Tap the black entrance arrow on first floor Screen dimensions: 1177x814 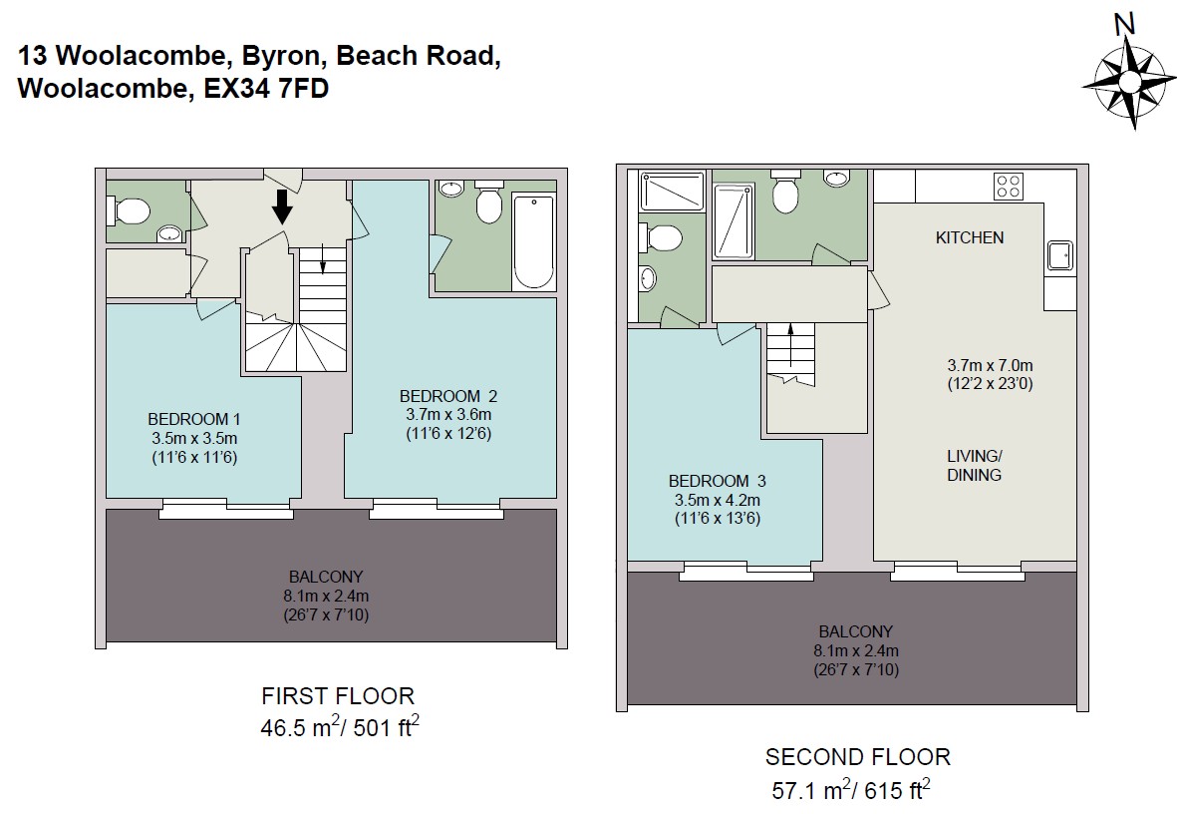(282, 206)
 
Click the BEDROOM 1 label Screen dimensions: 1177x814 (193, 419)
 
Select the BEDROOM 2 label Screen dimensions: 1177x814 (448, 396)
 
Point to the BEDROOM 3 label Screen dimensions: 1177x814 (717, 481)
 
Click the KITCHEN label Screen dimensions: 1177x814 (969, 237)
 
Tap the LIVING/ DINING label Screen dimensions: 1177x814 (975, 465)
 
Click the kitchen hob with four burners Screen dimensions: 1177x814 (1009, 186)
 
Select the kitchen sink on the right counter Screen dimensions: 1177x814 (1059, 254)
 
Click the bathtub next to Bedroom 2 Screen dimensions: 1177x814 (534, 241)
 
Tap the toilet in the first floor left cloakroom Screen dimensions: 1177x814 (130, 210)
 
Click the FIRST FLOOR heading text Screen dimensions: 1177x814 (338, 696)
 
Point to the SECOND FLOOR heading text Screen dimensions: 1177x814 (858, 757)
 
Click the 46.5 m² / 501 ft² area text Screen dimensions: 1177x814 (339, 727)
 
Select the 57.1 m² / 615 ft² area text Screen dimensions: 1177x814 (851, 789)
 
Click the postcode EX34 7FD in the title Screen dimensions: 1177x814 (266, 89)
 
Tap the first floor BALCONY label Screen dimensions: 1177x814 (326, 578)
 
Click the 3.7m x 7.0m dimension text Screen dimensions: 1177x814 (990, 366)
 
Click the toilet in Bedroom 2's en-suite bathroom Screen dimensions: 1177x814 (488, 203)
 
